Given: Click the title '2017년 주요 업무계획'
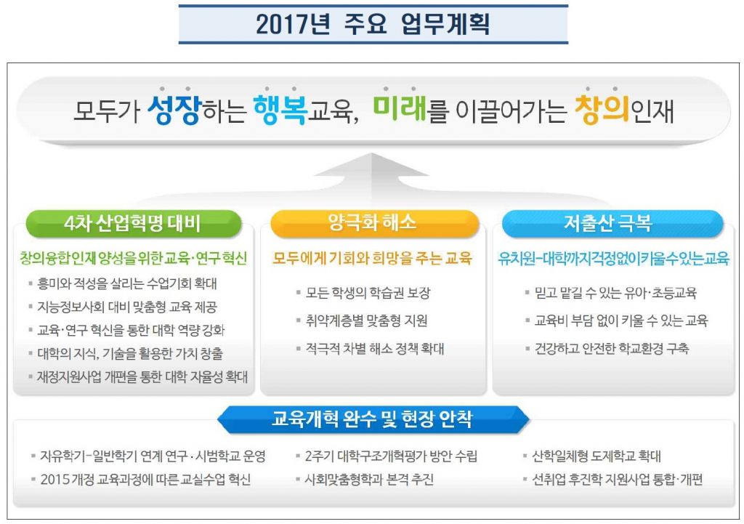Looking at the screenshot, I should pyautogui.click(x=373, y=25).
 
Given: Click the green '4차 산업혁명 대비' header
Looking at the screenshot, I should pyautogui.click(x=133, y=224).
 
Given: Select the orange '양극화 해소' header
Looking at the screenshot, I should pyautogui.click(x=373, y=223).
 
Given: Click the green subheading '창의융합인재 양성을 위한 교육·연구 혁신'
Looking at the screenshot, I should pyautogui.click(x=134, y=258).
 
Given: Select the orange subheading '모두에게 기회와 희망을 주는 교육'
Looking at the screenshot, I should pyautogui.click(x=373, y=258).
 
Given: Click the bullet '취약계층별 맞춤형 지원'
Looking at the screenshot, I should pyautogui.click(x=366, y=321).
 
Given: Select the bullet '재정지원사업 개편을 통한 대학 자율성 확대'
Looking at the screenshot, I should pyautogui.click(x=142, y=376).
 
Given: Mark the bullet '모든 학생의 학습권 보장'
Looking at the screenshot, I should pyautogui.click(x=368, y=293).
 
